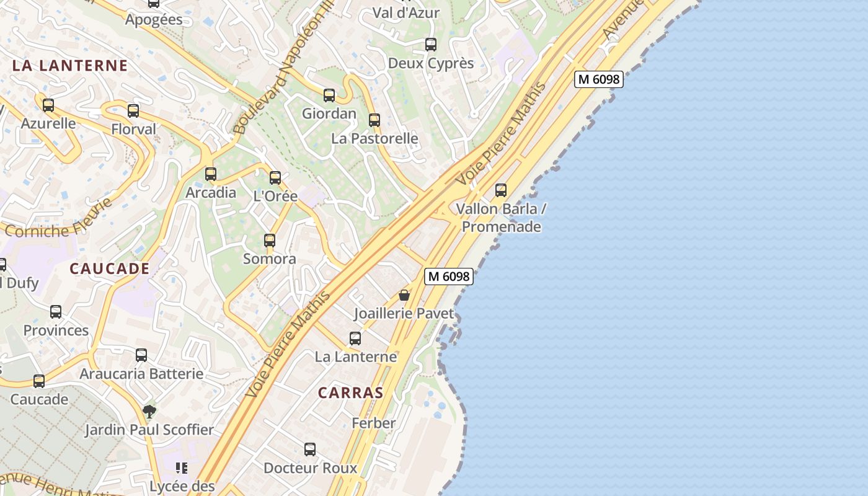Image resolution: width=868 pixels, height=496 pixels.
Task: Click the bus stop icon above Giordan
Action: click(x=329, y=95)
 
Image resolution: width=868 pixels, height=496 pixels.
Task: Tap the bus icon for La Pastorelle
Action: click(x=374, y=120)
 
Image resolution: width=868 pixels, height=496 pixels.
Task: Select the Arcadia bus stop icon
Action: click(x=211, y=174)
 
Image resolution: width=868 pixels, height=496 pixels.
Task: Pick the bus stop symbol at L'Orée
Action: click(x=275, y=178)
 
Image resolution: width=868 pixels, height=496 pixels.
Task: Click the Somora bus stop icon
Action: click(x=270, y=241)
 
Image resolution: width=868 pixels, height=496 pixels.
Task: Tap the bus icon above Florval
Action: click(x=133, y=111)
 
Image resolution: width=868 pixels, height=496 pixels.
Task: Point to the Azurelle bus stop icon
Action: click(x=48, y=105)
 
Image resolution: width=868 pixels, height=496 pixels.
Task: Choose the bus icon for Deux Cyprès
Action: click(x=431, y=45)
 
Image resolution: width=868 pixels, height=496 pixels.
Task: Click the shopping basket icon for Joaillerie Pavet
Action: click(x=404, y=295)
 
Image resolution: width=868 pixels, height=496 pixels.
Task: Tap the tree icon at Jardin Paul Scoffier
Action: click(x=149, y=411)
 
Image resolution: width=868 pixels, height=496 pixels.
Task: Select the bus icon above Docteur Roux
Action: click(x=310, y=449)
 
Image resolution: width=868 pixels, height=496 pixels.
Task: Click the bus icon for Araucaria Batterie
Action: click(x=141, y=355)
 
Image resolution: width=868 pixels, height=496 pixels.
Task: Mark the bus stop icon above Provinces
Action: click(x=56, y=312)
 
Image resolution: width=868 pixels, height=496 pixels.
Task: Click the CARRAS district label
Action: click(x=350, y=393)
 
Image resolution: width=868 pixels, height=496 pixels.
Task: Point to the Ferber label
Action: click(x=373, y=423)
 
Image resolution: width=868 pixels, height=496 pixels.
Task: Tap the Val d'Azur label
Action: click(x=405, y=13)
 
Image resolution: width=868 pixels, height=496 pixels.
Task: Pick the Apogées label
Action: click(x=154, y=20)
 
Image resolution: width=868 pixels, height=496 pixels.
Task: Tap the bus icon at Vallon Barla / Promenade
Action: click(x=501, y=190)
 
